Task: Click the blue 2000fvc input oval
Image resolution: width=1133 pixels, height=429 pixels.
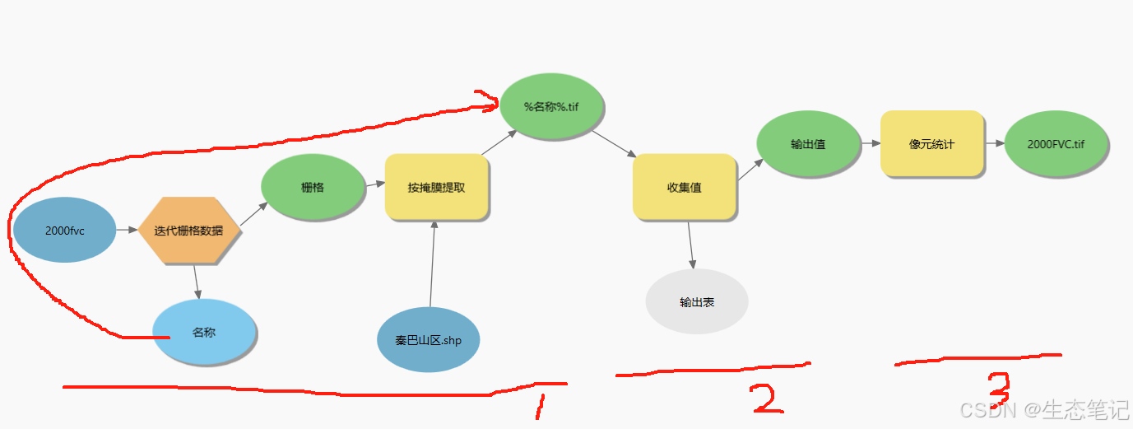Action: pos(64,231)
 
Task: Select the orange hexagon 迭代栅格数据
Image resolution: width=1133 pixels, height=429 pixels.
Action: pos(189,231)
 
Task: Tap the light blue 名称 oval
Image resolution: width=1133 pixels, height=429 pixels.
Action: pos(204,333)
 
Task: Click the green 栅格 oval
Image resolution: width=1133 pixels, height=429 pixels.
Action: pos(313,187)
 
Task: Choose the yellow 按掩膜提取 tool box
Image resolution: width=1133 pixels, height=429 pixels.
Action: pos(437,187)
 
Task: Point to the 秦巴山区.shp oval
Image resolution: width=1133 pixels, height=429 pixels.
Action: pos(428,339)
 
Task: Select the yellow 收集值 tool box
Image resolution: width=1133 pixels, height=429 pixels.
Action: pos(684,187)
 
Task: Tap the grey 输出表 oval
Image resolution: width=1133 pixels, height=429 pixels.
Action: pos(697,302)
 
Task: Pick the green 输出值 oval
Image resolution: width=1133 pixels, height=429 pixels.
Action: pos(808,144)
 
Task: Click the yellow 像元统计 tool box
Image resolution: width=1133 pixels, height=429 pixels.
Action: pos(932,143)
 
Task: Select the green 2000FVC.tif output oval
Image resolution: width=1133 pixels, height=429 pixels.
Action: pos(1056,143)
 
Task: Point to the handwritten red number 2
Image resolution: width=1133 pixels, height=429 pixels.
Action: pos(764,398)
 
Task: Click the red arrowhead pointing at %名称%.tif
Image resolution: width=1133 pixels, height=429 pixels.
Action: pos(491,101)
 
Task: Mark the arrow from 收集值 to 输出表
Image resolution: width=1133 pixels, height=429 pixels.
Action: pos(691,245)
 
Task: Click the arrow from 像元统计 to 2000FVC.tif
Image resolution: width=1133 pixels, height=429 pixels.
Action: pos(994,143)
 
